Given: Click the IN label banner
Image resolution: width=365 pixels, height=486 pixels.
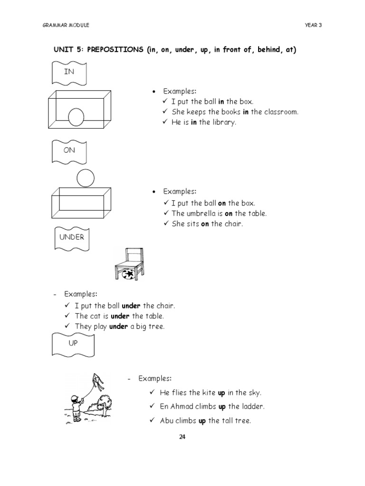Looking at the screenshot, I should tap(69, 73).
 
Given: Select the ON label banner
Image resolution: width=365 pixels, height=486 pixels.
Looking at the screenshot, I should tap(69, 151).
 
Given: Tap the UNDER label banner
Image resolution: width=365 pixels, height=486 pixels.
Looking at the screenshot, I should tap(71, 237).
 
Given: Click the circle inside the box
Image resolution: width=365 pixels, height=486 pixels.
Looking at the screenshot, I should tap(76, 117).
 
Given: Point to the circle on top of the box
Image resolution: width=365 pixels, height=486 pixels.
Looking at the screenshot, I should tap(86, 178).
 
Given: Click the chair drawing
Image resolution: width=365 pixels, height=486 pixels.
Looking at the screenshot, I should tap(129, 263).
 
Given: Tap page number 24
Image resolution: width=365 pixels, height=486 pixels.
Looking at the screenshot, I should tap(182, 437).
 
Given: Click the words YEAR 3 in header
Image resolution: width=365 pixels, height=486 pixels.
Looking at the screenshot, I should tap(313, 25).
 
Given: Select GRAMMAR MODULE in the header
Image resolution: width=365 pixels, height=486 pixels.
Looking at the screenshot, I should tap(66, 25).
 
